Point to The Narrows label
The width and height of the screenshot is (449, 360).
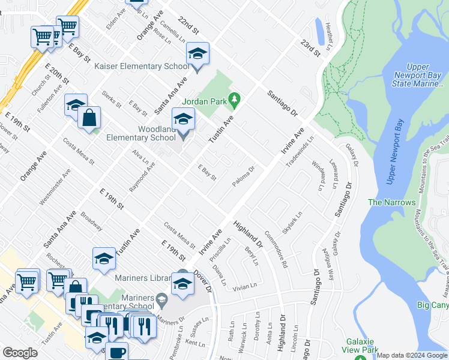pyautogui.click(x=391, y=202)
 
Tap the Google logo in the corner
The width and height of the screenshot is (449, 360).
pyautogui.click(x=20, y=353)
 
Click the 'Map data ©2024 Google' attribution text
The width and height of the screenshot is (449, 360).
pyautogui.click(x=412, y=355)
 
